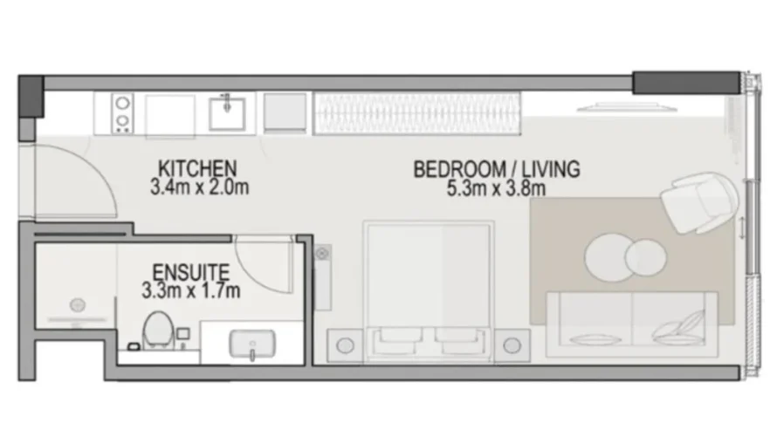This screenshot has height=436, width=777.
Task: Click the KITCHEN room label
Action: (x=196, y=167)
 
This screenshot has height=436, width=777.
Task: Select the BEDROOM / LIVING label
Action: (x=496, y=169)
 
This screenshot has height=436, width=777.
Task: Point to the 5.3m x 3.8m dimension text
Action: (x=496, y=188)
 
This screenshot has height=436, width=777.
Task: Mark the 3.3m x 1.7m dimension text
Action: (x=190, y=290)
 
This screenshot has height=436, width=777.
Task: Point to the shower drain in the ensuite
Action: (x=77, y=305)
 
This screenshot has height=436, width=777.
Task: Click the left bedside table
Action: (x=345, y=344)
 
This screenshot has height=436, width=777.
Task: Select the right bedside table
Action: (x=513, y=344)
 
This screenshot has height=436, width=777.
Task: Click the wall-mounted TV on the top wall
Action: (x=622, y=108)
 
